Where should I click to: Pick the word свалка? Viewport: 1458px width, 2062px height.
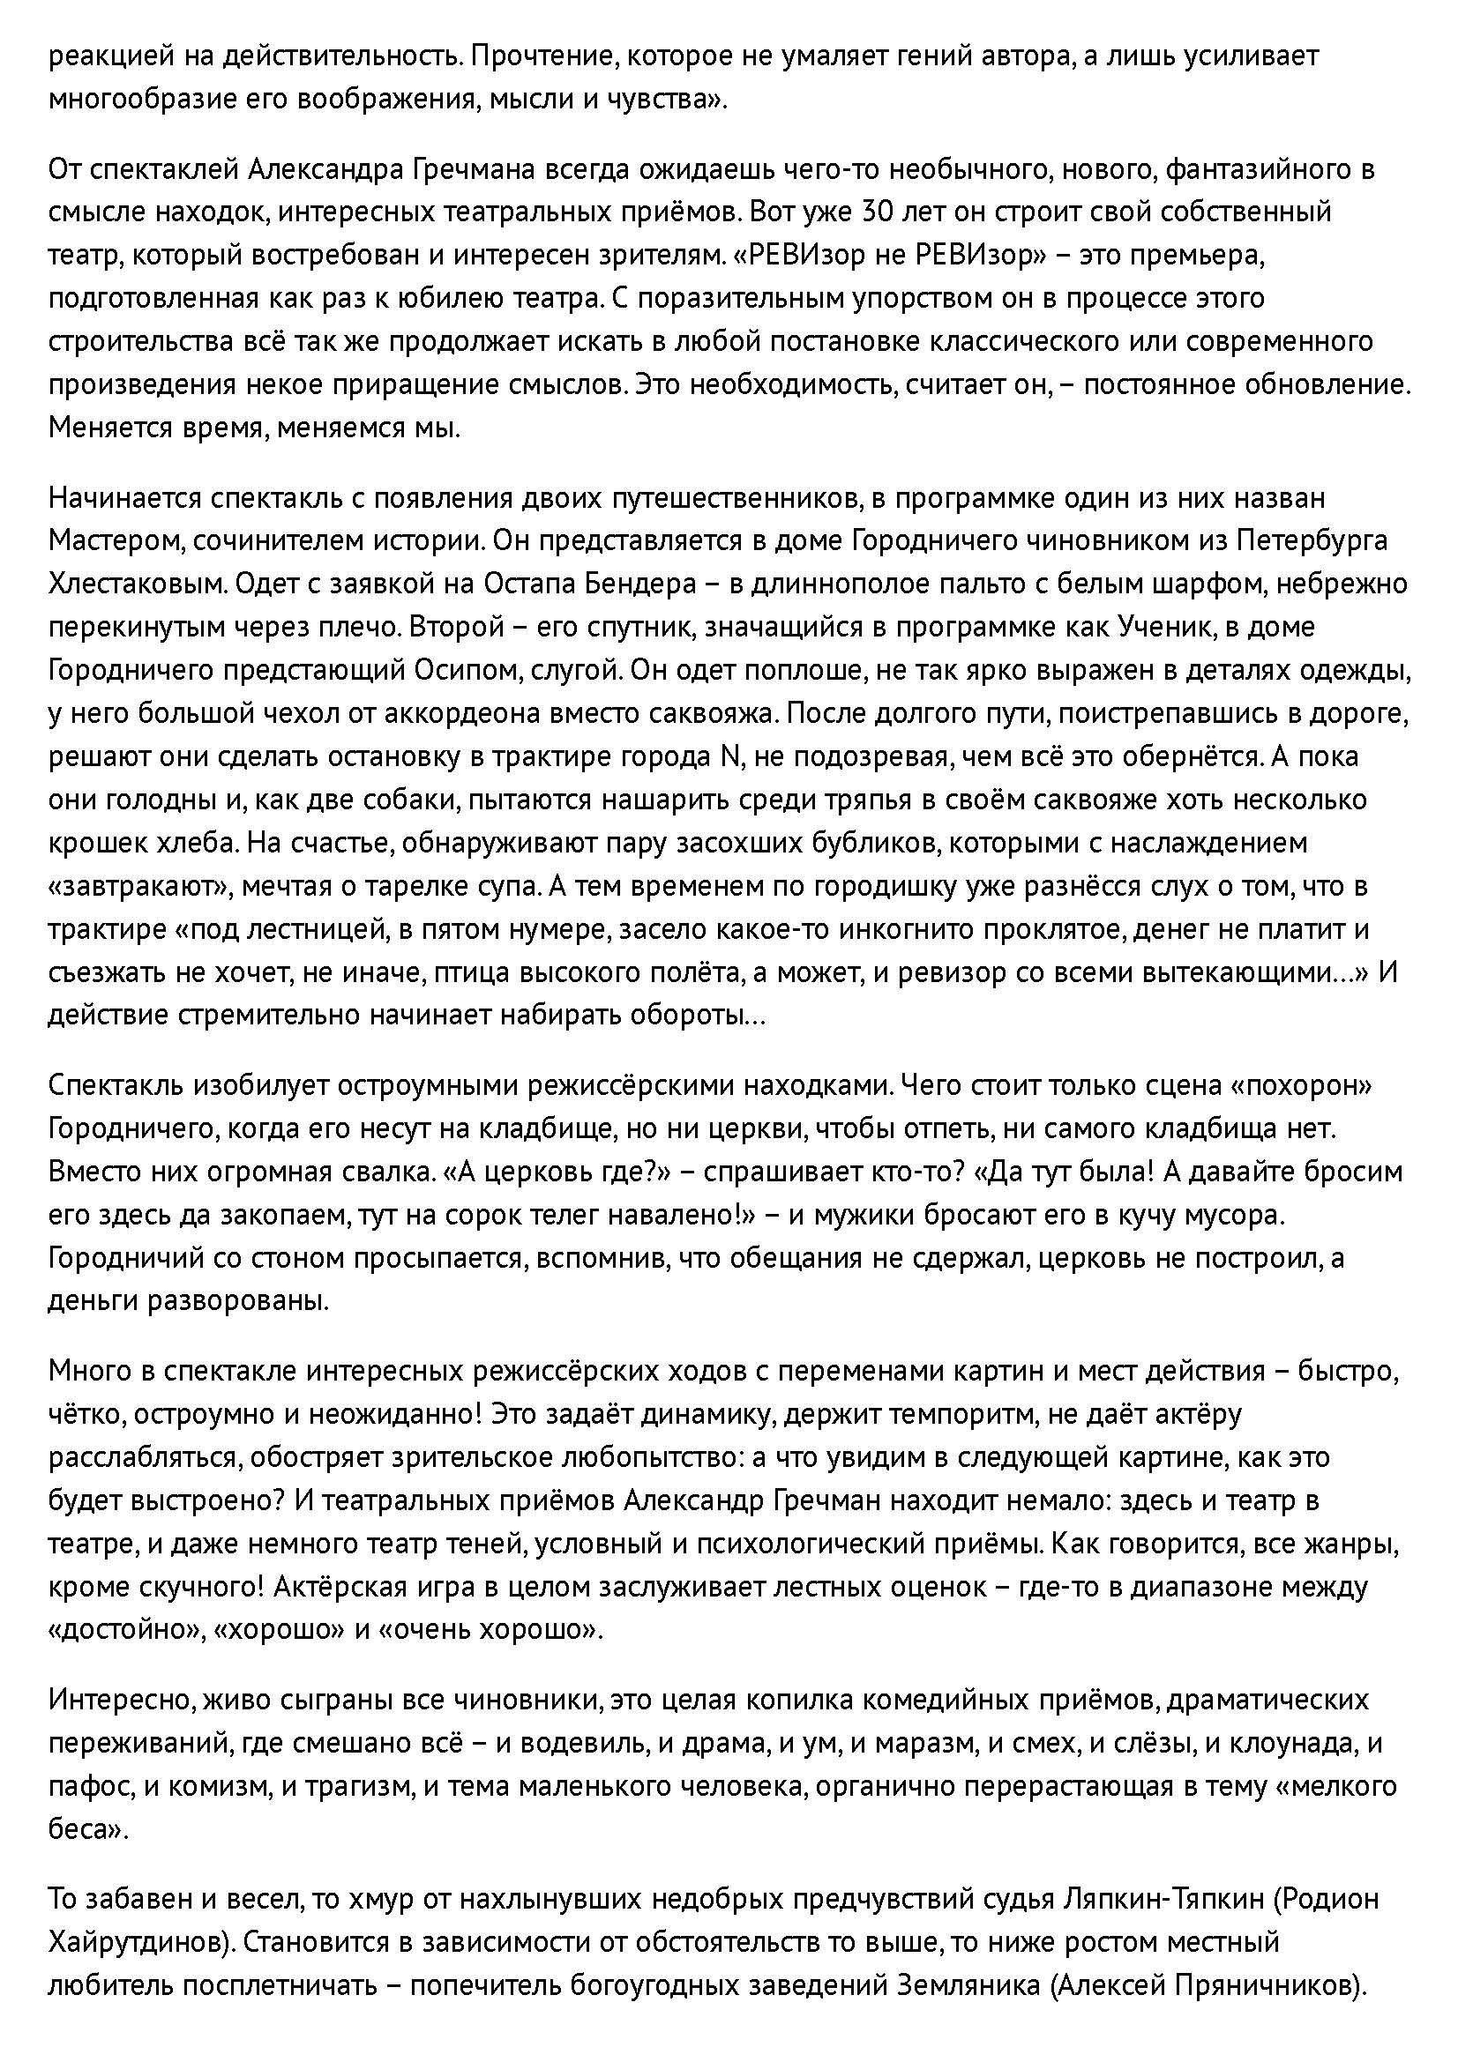pos(378,1172)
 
